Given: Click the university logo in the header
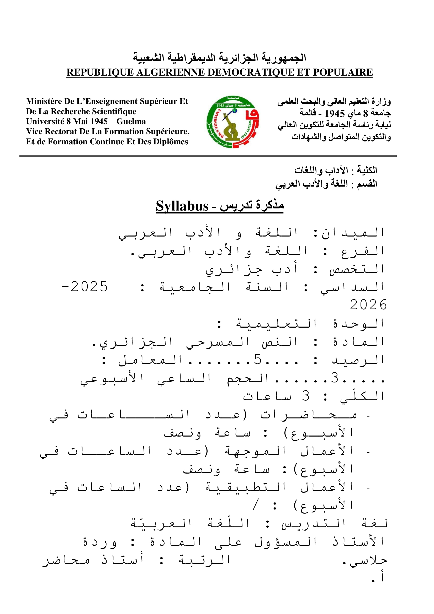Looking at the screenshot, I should (232, 122).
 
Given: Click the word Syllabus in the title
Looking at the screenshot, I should (182, 206).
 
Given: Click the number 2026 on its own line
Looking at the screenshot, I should (368, 305).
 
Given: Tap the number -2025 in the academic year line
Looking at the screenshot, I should (84, 287).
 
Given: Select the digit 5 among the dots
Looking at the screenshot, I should (258, 359).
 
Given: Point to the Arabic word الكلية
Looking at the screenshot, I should (367, 170).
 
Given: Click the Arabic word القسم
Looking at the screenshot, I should (367, 184).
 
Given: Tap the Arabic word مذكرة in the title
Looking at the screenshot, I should (269, 205).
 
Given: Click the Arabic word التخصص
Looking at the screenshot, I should (357, 269).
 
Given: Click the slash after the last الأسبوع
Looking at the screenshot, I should (256, 505).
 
